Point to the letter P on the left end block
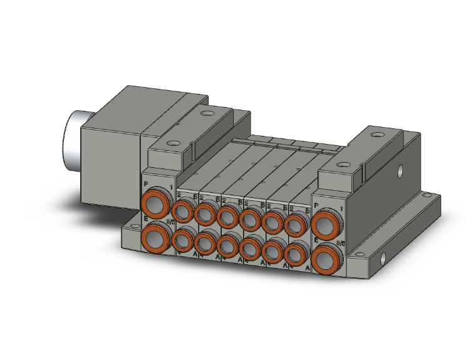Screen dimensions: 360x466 pos(146,185)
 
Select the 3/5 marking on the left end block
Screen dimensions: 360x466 pos(169,222)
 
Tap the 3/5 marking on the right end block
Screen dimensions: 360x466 pos(341,243)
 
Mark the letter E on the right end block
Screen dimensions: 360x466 pos(316,240)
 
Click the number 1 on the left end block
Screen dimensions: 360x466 pos(170,187)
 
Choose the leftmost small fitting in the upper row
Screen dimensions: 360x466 pos(182,211)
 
